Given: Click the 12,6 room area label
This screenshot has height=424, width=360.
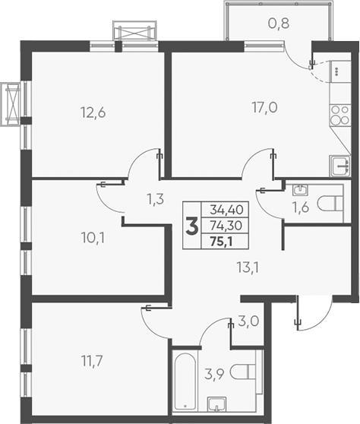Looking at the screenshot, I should pos(93,113).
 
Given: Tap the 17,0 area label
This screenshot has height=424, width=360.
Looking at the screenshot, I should pos(265,107).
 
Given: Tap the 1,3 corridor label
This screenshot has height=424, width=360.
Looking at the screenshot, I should pos(155,201).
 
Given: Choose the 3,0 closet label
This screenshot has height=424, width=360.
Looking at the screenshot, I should pos(248,321).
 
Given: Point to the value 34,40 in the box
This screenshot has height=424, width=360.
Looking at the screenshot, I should pos(222,209).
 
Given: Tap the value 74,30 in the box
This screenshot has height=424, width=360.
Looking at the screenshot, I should pos(222,226).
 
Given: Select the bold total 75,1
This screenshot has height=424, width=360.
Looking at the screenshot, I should pos(222,243).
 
